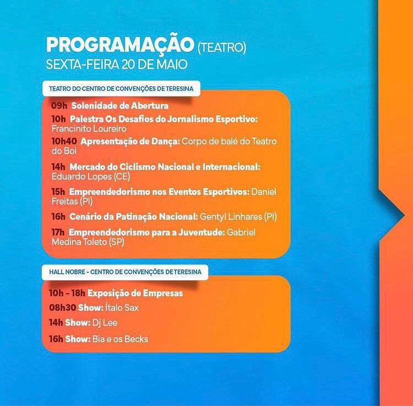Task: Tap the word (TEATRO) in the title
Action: (222, 48)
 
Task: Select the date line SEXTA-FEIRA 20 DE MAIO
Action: (117, 64)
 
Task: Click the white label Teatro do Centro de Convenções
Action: (121, 89)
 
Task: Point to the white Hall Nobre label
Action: (125, 272)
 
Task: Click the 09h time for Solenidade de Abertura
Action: (59, 106)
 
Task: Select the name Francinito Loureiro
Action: (89, 128)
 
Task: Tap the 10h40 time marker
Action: (64, 141)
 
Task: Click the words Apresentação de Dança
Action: (130, 142)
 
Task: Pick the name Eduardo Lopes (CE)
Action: (91, 176)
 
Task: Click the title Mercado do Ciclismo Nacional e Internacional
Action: (165, 167)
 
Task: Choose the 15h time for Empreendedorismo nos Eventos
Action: (58, 192)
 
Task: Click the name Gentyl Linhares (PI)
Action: (238, 216)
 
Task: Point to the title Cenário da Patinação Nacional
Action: (134, 216)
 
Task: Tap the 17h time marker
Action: (58, 232)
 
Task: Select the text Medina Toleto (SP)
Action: (88, 242)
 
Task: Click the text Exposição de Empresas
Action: (135, 294)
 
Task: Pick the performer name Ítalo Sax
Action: (122, 308)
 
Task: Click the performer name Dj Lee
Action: (105, 323)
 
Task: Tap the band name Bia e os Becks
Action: (120, 339)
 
